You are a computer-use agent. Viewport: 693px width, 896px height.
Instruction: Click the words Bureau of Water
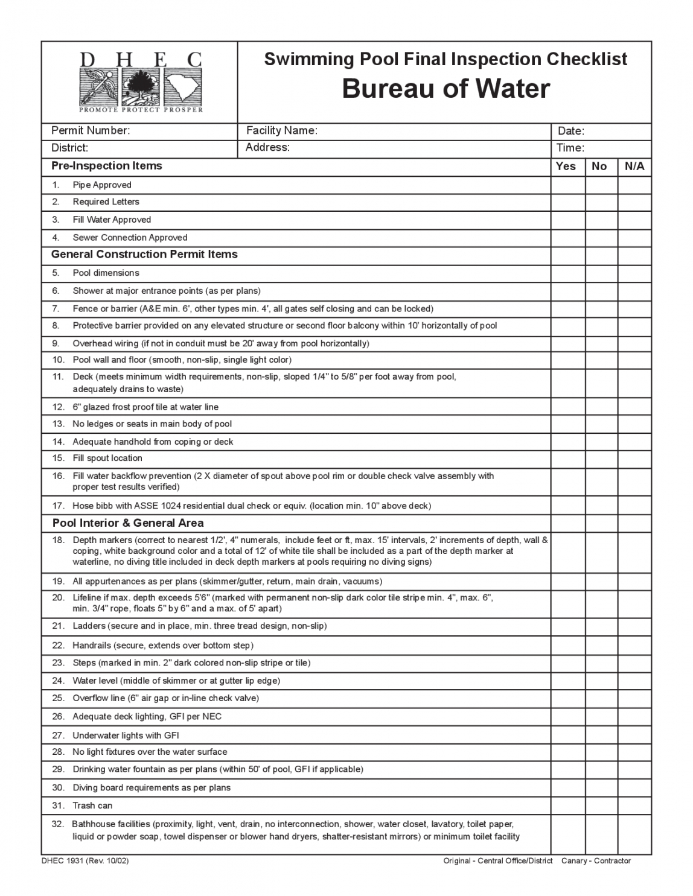(445, 89)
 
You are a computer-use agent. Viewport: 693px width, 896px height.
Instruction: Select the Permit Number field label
(91, 131)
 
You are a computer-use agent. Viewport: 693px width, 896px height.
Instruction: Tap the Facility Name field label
(281, 131)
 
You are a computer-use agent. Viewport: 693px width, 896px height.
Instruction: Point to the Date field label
(570, 132)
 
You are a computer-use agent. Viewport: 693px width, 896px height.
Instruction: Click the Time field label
(570, 148)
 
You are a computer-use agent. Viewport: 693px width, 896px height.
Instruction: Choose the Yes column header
(566, 167)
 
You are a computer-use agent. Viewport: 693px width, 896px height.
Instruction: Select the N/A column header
(634, 167)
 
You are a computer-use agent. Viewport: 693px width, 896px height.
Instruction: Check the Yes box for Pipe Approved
(567, 185)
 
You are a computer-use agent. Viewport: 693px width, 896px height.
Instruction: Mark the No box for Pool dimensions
(601, 273)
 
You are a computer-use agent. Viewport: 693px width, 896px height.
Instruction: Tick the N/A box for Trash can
(634, 806)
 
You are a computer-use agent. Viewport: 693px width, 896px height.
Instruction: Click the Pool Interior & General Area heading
(128, 523)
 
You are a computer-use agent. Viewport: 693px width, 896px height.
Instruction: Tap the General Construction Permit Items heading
(144, 255)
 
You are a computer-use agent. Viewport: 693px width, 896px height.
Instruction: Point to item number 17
(58, 506)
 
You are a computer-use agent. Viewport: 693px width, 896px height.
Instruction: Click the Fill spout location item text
(107, 459)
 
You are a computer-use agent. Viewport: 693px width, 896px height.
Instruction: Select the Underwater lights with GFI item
(126, 736)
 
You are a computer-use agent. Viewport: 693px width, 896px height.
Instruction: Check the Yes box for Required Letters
(567, 202)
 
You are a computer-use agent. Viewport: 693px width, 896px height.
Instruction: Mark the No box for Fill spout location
(601, 459)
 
